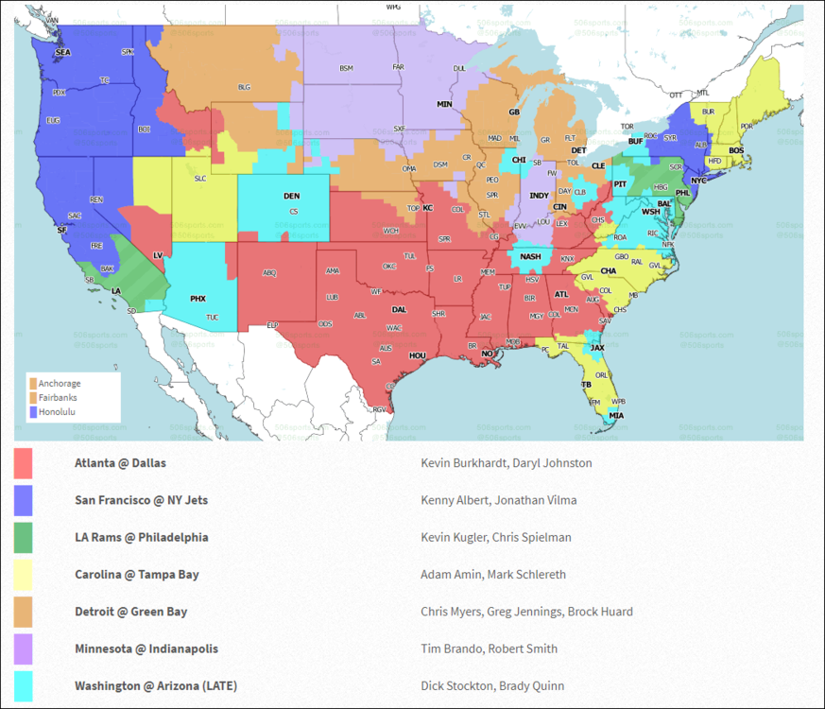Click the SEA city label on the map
(x=63, y=53)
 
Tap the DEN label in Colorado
(x=292, y=196)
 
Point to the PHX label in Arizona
(x=198, y=298)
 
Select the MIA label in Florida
(x=616, y=416)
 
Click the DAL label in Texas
(x=400, y=309)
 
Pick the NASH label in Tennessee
(x=530, y=255)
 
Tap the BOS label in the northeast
(x=736, y=150)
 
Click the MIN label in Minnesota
(x=444, y=104)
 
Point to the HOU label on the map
(x=418, y=355)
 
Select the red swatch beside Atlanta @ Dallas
(x=24, y=463)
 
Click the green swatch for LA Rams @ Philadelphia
(x=24, y=537)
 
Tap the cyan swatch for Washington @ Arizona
(x=24, y=685)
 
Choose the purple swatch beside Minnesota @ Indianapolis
(x=24, y=648)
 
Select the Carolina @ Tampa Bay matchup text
(x=137, y=574)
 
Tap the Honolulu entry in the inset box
(x=58, y=412)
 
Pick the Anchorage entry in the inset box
(x=59, y=384)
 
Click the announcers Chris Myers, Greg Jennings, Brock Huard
(x=526, y=612)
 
